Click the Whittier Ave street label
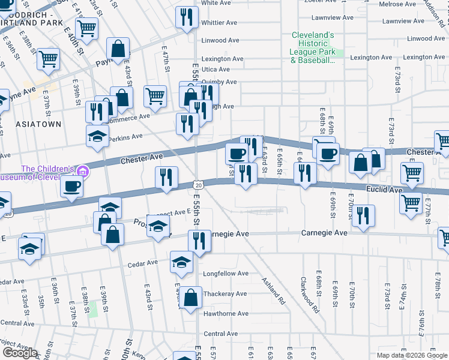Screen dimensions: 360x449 coord(219,23)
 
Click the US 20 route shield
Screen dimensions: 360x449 coord(197,184)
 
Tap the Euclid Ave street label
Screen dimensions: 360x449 coord(384,190)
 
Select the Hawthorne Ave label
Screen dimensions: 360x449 coord(225,314)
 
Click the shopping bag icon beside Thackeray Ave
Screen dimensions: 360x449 coord(190,298)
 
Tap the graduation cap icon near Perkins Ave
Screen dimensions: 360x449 coord(97,136)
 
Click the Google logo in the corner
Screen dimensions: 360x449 coord(20,353)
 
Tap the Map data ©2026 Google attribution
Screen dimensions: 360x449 coord(412,355)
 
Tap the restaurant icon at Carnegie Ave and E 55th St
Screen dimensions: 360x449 coord(199,241)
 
